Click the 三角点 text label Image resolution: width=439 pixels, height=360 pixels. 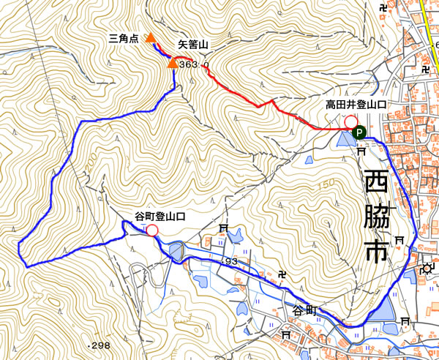(123, 38)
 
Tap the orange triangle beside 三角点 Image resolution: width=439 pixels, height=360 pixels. (149, 37)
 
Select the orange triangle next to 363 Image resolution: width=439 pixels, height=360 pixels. (172, 64)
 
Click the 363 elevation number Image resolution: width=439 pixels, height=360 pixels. (188, 64)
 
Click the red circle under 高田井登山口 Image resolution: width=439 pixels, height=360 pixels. (350, 121)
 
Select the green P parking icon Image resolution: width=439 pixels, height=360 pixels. (359, 132)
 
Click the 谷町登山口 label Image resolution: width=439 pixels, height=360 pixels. (160, 217)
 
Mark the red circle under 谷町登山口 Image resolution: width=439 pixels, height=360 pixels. (151, 231)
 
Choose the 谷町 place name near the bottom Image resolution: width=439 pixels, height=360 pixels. (305, 310)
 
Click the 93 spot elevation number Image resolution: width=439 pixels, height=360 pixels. (232, 262)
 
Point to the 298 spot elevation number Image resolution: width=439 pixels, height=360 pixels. (100, 345)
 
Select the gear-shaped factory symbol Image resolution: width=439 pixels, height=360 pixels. (427, 268)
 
